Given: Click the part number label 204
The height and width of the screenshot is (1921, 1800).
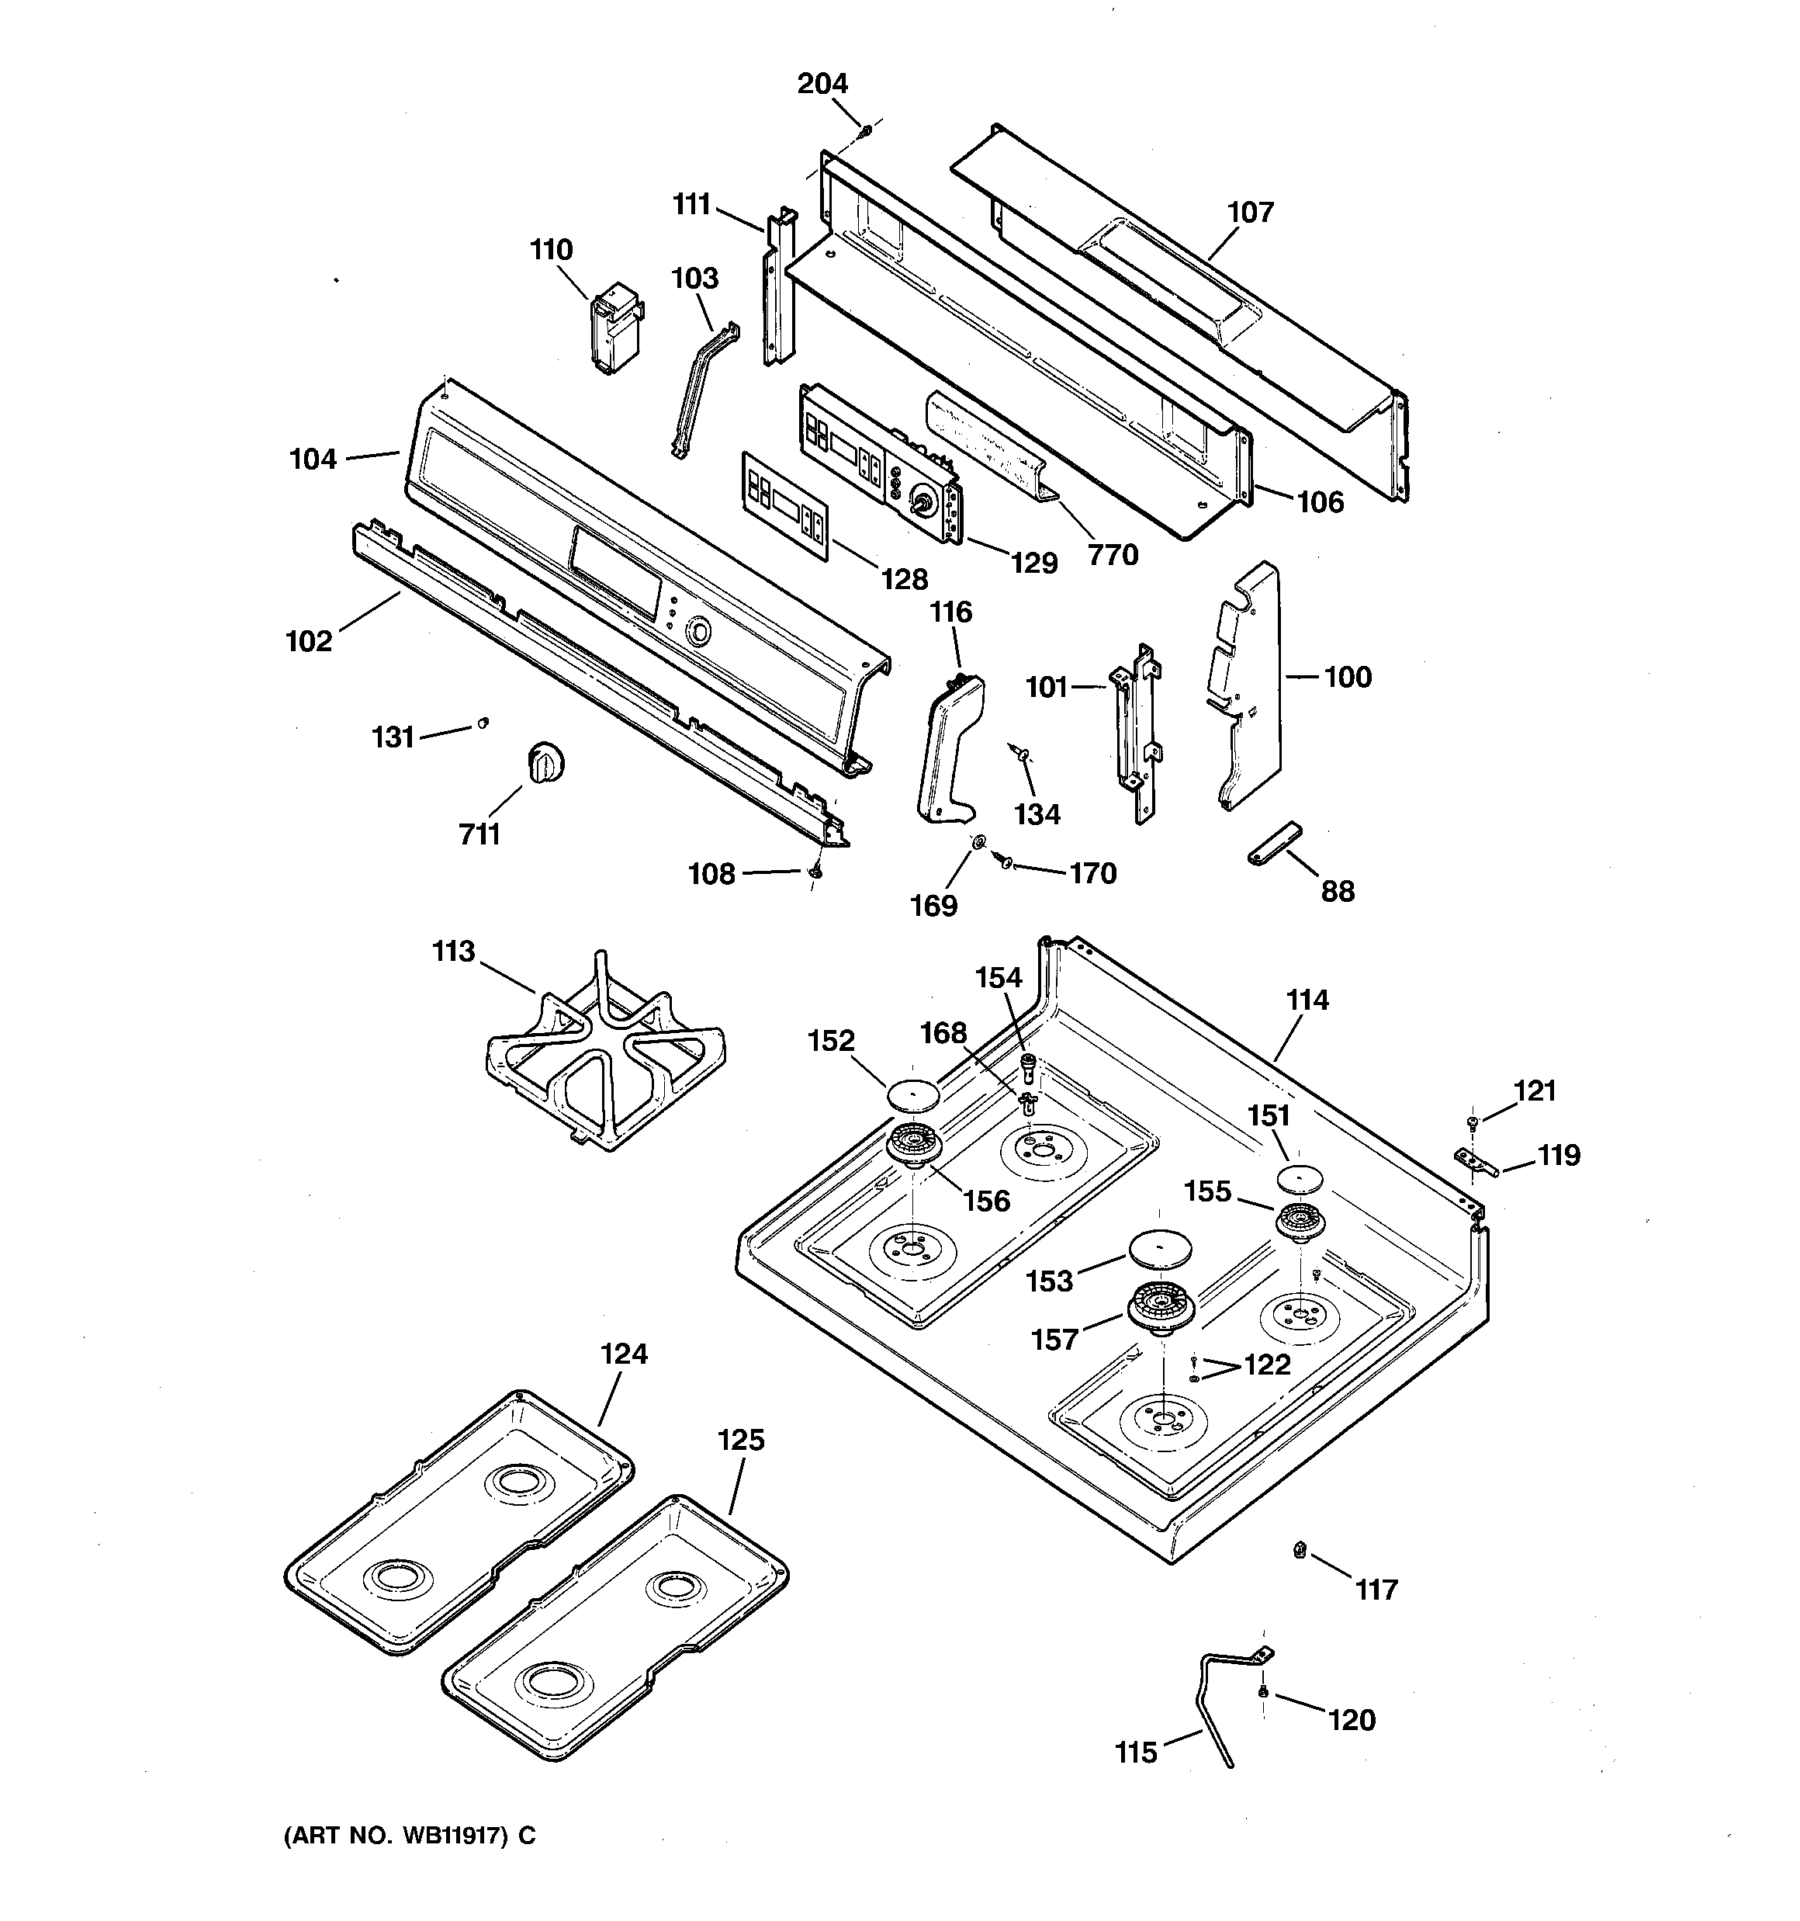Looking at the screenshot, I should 822,84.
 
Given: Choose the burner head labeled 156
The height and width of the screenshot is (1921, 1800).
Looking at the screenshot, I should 914,1145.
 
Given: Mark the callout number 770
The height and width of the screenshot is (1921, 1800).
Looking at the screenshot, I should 1112,555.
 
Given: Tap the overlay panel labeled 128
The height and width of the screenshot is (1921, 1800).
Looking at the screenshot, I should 784,505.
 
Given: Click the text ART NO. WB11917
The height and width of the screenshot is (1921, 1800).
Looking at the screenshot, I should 409,1835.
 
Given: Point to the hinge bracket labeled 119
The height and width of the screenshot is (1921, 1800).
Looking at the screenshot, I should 1474,1160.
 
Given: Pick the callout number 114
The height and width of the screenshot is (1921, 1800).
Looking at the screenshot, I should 1307,1000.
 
